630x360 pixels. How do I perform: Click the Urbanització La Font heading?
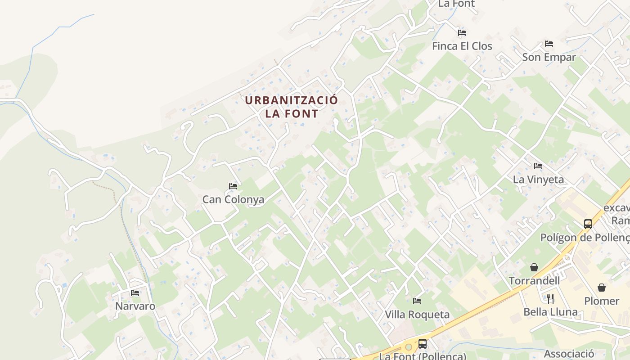point(291,107)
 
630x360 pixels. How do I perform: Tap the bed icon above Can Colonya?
point(233,186)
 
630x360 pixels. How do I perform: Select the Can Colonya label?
point(233,199)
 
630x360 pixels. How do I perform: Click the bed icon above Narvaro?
point(135,293)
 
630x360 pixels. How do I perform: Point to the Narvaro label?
point(135,306)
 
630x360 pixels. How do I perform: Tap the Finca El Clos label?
point(462,46)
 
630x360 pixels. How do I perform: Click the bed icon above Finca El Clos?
point(462,33)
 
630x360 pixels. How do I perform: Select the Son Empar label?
point(549,57)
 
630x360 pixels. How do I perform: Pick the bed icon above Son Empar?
point(549,44)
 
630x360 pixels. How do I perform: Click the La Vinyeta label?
point(538,180)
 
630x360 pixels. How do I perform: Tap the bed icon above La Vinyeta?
point(538,166)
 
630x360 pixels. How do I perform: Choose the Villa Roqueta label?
point(417,315)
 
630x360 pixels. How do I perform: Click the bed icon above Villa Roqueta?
point(417,301)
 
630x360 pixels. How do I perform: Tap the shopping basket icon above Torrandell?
point(534,267)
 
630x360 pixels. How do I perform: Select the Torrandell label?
point(534,281)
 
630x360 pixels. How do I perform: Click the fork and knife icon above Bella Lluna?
point(550,298)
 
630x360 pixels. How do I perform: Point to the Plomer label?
point(602,301)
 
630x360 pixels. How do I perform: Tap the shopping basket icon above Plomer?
point(602,288)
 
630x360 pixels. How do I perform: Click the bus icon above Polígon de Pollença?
point(588,224)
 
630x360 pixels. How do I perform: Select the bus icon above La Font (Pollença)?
point(423,344)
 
